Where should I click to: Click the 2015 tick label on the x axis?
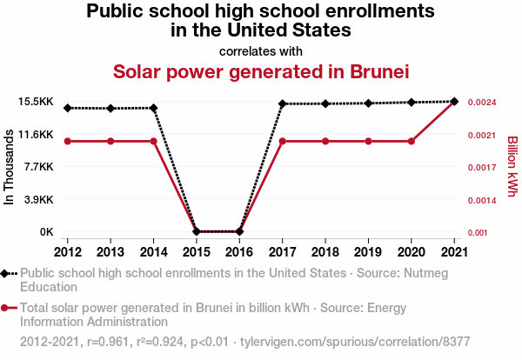pos(197,252)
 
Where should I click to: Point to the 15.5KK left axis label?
pos(36,102)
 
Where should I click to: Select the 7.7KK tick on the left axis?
pos(38,167)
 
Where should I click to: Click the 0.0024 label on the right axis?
pos(482,103)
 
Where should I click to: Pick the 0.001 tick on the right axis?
pos(479,232)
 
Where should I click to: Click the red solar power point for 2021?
pos(454,102)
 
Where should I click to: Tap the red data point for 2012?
pos(68,141)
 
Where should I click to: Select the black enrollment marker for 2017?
pos(283,103)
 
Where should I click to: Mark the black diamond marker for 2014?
pos(154,108)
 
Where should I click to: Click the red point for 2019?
pos(368,141)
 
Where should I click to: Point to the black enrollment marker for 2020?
pos(412,103)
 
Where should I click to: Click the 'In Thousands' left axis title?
pos(10,167)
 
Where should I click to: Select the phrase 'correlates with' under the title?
pos(260,50)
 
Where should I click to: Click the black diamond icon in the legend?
pos(7,273)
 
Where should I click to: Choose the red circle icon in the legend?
pos(7,307)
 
